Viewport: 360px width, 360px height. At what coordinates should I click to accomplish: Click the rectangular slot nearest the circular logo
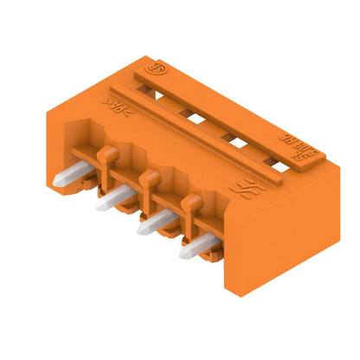(x=184, y=112)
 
